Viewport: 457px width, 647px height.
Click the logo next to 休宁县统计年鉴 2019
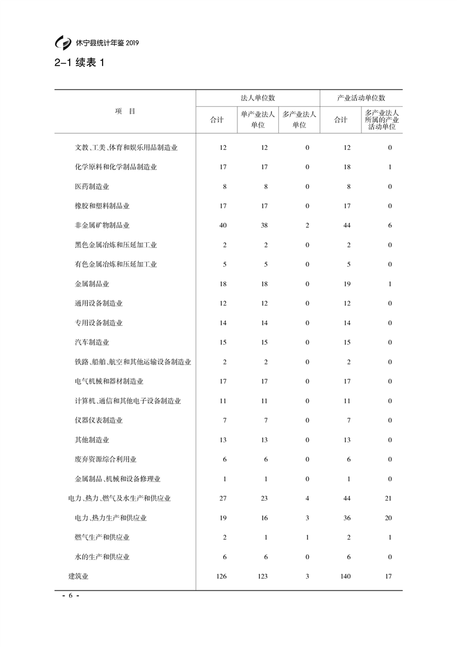click(x=62, y=43)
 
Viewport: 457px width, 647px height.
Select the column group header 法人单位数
click(x=258, y=98)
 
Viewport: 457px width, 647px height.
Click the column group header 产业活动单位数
click(x=361, y=98)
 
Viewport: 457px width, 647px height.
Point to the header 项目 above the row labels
click(x=125, y=111)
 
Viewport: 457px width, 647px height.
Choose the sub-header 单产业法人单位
click(x=258, y=119)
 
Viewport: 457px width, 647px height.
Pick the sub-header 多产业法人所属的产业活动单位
click(x=382, y=120)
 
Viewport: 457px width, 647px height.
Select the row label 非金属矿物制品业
click(x=102, y=225)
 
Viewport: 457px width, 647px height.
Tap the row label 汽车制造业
click(x=92, y=343)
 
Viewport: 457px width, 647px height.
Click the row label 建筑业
click(x=78, y=576)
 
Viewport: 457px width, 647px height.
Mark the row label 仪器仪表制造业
click(x=99, y=420)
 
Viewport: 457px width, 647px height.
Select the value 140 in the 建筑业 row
click(x=346, y=576)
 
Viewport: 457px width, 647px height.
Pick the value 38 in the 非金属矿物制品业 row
click(x=264, y=225)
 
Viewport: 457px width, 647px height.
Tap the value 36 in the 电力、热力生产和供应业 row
click(x=347, y=518)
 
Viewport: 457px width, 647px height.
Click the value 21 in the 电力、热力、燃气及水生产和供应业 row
click(x=388, y=498)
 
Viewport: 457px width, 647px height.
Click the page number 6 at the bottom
click(x=70, y=596)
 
